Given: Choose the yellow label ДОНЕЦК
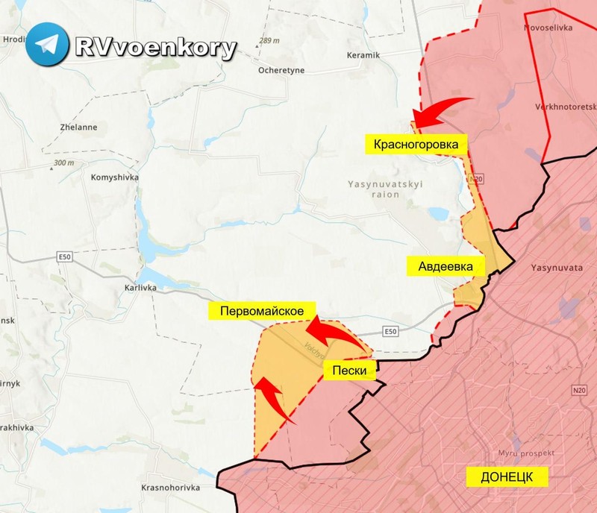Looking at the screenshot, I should [507, 477].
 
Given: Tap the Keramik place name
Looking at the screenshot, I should [363, 56].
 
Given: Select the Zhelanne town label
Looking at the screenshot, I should [78, 128].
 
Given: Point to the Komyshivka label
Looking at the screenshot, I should [113, 178].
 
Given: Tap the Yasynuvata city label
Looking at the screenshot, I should [556, 265].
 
